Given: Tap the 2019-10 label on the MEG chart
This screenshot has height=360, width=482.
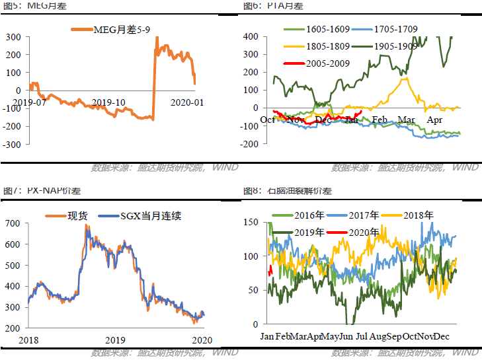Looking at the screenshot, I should click(x=108, y=102).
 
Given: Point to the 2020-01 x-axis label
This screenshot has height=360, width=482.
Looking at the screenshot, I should click(x=188, y=102).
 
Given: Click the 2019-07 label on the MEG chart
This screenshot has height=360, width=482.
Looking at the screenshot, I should click(x=29, y=102).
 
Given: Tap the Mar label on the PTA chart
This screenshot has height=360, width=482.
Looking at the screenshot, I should click(x=405, y=120).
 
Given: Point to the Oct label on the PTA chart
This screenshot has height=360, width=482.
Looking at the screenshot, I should click(x=268, y=120).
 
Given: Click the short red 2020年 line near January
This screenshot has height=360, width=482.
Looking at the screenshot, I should click(x=270, y=271).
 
